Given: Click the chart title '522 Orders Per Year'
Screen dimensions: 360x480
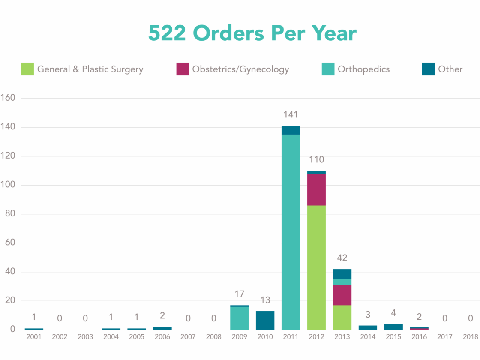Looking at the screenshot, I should [x=252, y=33].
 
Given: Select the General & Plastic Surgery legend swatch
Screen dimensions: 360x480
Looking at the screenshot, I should [x=27, y=69].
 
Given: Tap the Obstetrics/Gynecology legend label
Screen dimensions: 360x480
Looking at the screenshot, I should [x=240, y=69].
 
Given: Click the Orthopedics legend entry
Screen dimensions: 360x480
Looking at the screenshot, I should [x=363, y=69].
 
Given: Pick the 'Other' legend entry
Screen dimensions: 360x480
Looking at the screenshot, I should [x=450, y=69].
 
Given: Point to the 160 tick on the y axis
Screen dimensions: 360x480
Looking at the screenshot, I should [x=9, y=98].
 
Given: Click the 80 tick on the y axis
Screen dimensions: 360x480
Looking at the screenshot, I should [x=10, y=214].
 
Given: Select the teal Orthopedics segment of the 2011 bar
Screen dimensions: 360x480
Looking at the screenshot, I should [x=291, y=231].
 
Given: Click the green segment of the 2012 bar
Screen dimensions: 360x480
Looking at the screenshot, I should [x=316, y=267].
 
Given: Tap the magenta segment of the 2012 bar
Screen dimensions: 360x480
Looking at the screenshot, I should [x=316, y=189].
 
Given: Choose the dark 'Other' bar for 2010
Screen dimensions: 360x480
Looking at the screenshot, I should [x=265, y=320].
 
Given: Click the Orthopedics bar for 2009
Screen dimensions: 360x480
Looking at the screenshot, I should [x=239, y=318].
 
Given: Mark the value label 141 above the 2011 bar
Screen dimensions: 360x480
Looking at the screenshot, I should [x=291, y=115].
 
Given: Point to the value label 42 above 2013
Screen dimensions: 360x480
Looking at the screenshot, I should [x=342, y=258].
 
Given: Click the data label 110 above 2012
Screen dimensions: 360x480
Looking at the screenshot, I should [x=316, y=160].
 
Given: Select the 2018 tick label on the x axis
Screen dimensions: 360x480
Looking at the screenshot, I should [x=471, y=337].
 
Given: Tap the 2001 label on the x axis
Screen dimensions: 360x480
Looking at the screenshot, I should [x=34, y=337].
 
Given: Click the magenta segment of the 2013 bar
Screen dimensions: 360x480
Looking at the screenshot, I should [x=342, y=295].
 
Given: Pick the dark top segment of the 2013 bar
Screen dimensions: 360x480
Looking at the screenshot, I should [x=342, y=274].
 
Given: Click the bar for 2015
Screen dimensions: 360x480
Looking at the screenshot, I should [x=393, y=327].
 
